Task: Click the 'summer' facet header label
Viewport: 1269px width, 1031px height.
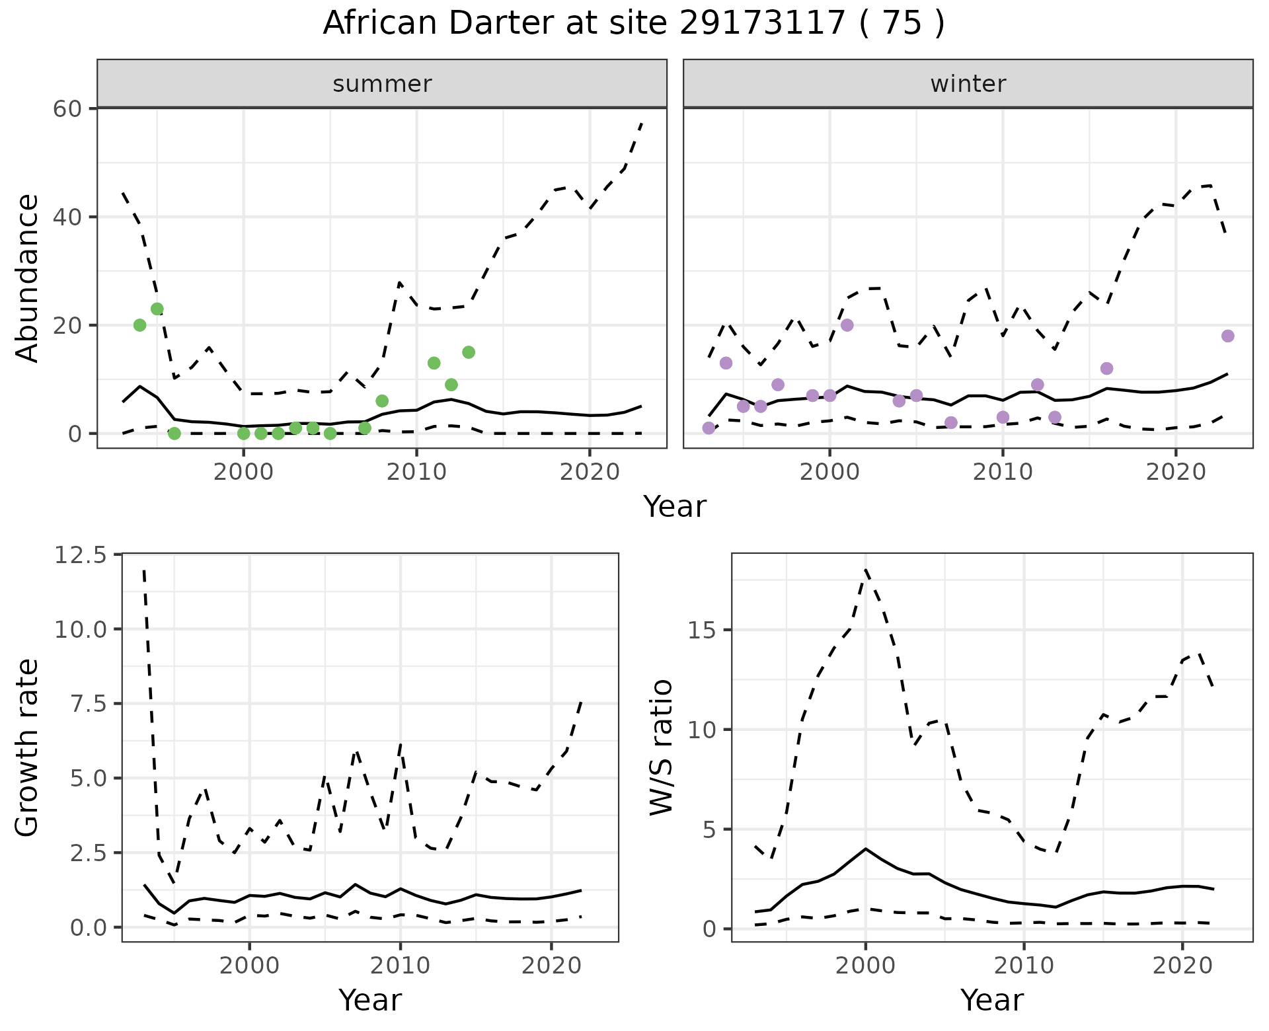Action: (x=382, y=84)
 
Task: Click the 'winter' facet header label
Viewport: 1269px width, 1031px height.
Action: (x=968, y=84)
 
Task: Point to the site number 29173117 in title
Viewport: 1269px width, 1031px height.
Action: (x=762, y=23)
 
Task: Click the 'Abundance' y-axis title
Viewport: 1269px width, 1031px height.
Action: (x=28, y=278)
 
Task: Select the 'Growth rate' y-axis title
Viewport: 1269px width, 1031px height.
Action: (x=28, y=747)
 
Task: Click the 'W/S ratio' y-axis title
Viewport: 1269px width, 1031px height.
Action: (x=661, y=747)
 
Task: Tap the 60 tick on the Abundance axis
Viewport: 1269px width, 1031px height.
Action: (x=67, y=108)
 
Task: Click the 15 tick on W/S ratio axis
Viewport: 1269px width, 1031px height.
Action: (x=703, y=630)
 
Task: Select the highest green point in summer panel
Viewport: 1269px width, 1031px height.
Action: (x=157, y=309)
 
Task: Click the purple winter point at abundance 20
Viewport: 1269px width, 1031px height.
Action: (x=847, y=325)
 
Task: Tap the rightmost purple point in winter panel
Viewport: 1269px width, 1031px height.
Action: (x=1228, y=336)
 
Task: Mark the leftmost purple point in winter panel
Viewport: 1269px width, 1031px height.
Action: (x=709, y=428)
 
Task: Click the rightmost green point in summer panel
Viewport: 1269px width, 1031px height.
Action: (x=469, y=352)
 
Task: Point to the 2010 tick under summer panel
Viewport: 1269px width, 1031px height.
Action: (x=416, y=472)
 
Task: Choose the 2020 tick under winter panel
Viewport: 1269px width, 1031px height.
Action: (x=1176, y=472)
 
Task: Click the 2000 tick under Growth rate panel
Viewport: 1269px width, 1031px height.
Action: (x=249, y=966)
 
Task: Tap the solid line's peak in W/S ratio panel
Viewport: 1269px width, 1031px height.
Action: (x=866, y=849)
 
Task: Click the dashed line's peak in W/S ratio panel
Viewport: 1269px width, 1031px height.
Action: (x=866, y=569)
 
